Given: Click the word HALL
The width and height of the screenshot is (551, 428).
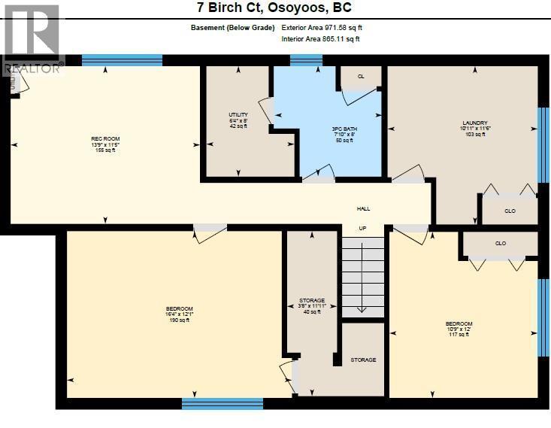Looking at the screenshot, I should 363,209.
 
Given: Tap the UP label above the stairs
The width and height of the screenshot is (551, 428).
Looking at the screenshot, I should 362,228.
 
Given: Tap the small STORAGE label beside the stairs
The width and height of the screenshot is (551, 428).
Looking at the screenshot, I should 363,360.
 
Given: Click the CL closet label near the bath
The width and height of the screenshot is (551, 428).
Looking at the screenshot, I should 361,77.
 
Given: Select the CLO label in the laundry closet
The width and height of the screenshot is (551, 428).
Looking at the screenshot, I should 510,211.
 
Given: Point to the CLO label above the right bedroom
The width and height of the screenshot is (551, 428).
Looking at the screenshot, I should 501,243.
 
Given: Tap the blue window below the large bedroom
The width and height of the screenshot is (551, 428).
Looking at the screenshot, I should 223,404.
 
